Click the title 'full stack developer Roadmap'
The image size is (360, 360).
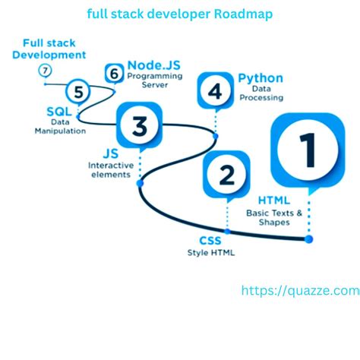[179, 14]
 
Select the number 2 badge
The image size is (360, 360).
[227, 175]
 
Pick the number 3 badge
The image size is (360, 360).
[216, 92]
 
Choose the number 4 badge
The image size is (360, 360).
[78, 93]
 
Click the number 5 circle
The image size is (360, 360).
[115, 74]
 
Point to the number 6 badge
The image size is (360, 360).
[45, 71]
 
